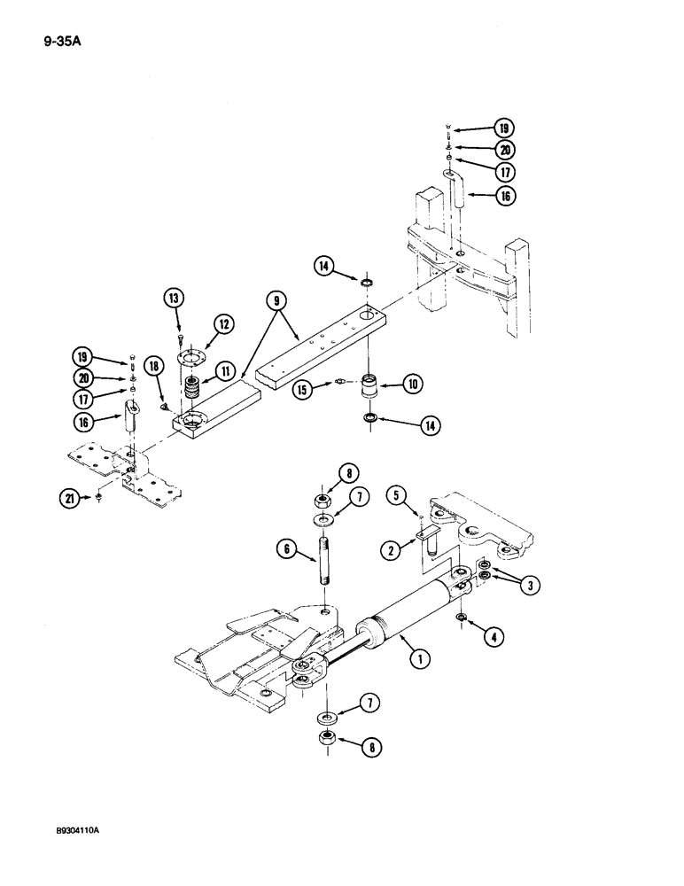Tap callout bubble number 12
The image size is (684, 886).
(x=220, y=327)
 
